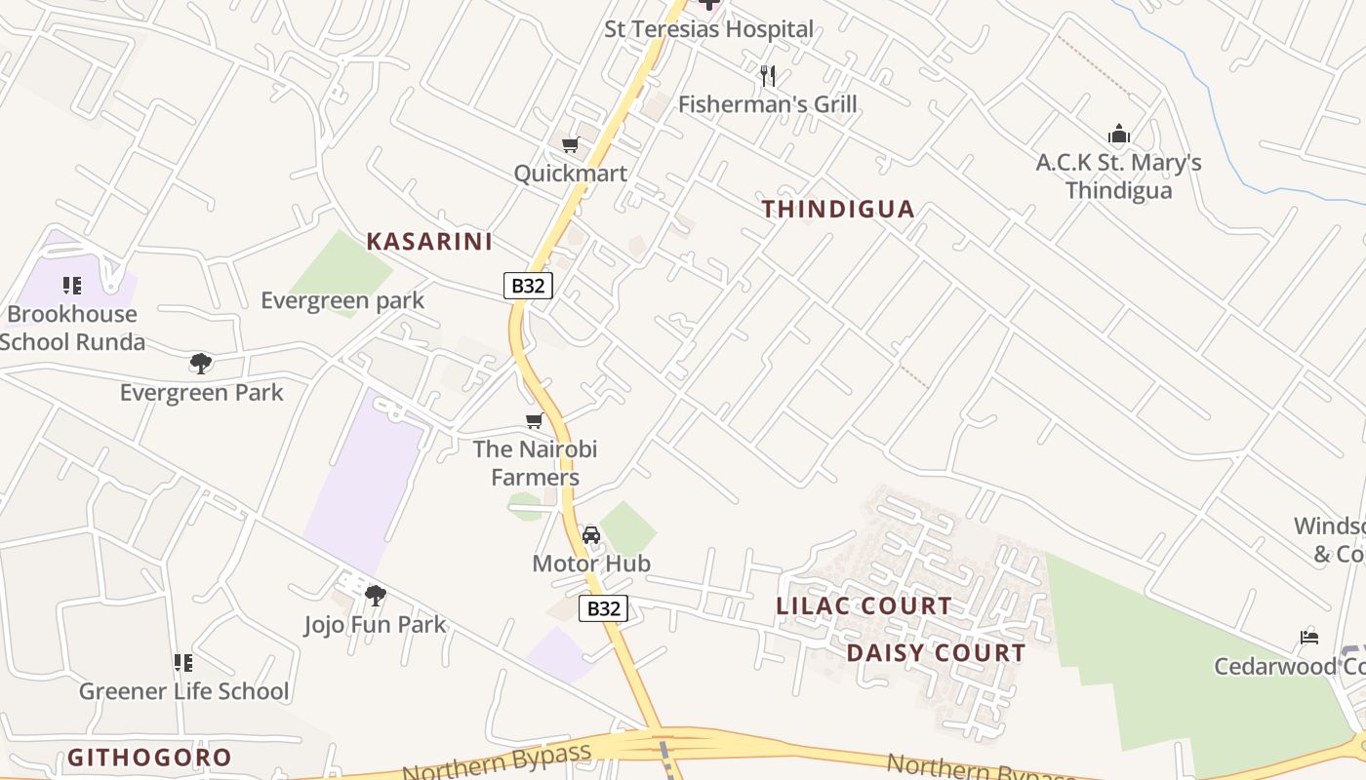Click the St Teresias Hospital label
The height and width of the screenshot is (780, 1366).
click(708, 29)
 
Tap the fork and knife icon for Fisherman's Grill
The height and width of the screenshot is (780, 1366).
click(768, 75)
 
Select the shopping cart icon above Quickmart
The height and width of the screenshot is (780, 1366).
click(571, 145)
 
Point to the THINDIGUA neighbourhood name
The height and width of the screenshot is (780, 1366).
click(838, 209)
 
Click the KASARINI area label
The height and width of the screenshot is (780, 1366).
click(429, 242)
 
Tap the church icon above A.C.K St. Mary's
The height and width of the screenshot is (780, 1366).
click(1118, 134)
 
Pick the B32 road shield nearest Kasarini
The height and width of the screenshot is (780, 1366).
click(528, 286)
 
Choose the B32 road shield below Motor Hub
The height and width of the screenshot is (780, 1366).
click(603, 608)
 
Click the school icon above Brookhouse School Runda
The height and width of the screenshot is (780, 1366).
click(71, 286)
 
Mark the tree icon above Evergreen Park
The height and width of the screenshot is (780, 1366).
click(201, 364)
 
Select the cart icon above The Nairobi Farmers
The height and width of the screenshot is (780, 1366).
click(534, 421)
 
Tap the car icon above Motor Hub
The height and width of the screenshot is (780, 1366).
click(590, 534)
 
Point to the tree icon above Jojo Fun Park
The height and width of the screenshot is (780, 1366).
click(375, 595)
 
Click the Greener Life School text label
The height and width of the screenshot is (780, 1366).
click(183, 691)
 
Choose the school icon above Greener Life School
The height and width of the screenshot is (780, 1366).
click(182, 663)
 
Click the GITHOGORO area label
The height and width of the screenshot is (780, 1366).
click(149, 758)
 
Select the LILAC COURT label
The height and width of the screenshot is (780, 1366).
click(864, 605)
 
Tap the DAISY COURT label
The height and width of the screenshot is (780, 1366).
click(936, 653)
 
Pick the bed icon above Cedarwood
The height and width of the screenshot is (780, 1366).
click(1309, 638)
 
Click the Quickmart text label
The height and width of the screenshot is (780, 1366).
click(571, 174)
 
